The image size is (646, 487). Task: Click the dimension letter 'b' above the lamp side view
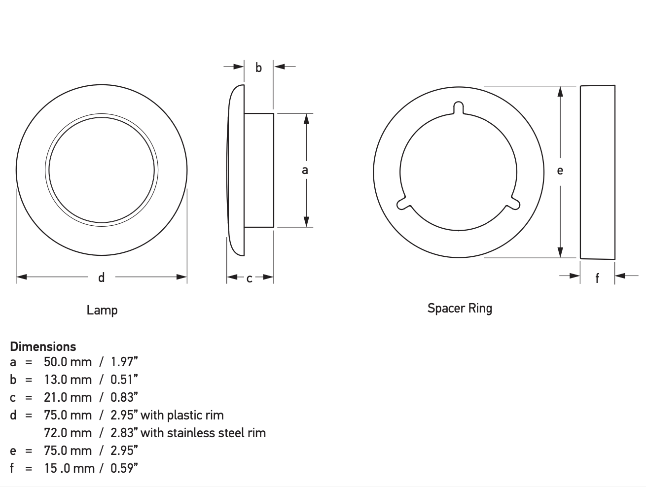click(x=258, y=68)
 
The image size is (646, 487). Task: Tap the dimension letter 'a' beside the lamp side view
click(x=305, y=170)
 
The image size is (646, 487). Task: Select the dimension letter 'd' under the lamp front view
click(x=101, y=278)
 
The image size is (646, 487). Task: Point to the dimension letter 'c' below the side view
click(x=250, y=278)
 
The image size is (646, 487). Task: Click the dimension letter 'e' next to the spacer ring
click(x=560, y=171)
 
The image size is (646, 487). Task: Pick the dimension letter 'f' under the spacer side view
click(x=597, y=278)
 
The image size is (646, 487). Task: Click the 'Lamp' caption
click(x=102, y=311)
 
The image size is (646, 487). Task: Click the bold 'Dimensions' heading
click(x=43, y=347)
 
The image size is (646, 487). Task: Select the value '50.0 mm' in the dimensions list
click(x=68, y=362)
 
